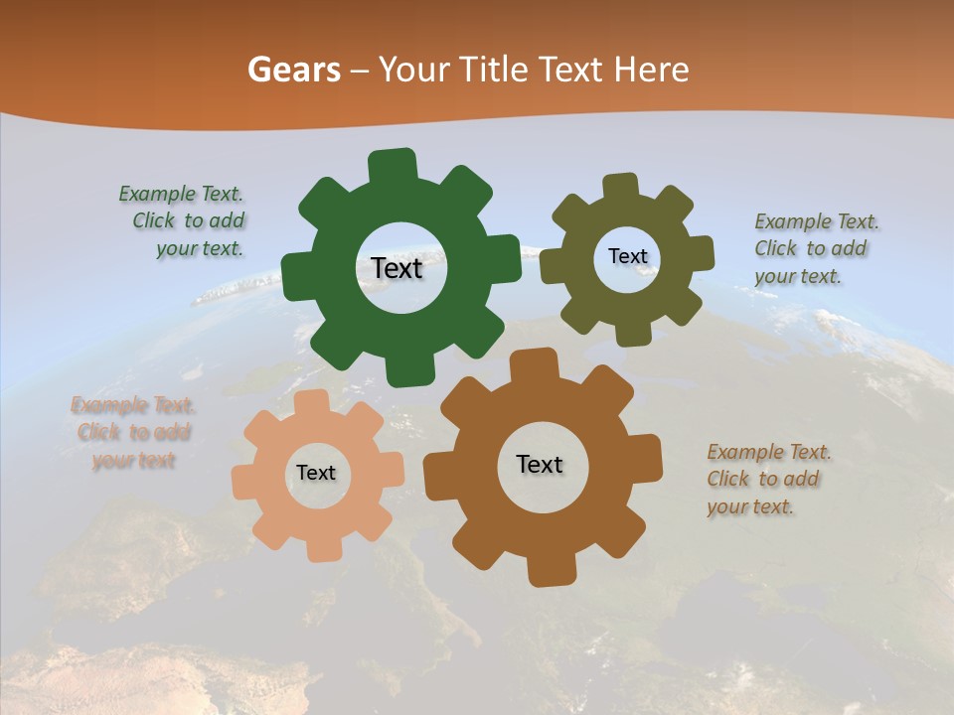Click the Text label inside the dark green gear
coord(397,268)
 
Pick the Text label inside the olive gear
coord(627,256)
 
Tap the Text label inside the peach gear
coord(316,473)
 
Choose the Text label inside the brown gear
coord(540,464)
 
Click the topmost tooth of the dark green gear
coord(392,164)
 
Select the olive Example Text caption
coord(815,248)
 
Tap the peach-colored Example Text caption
coord(133,432)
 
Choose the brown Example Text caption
coord(767,479)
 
